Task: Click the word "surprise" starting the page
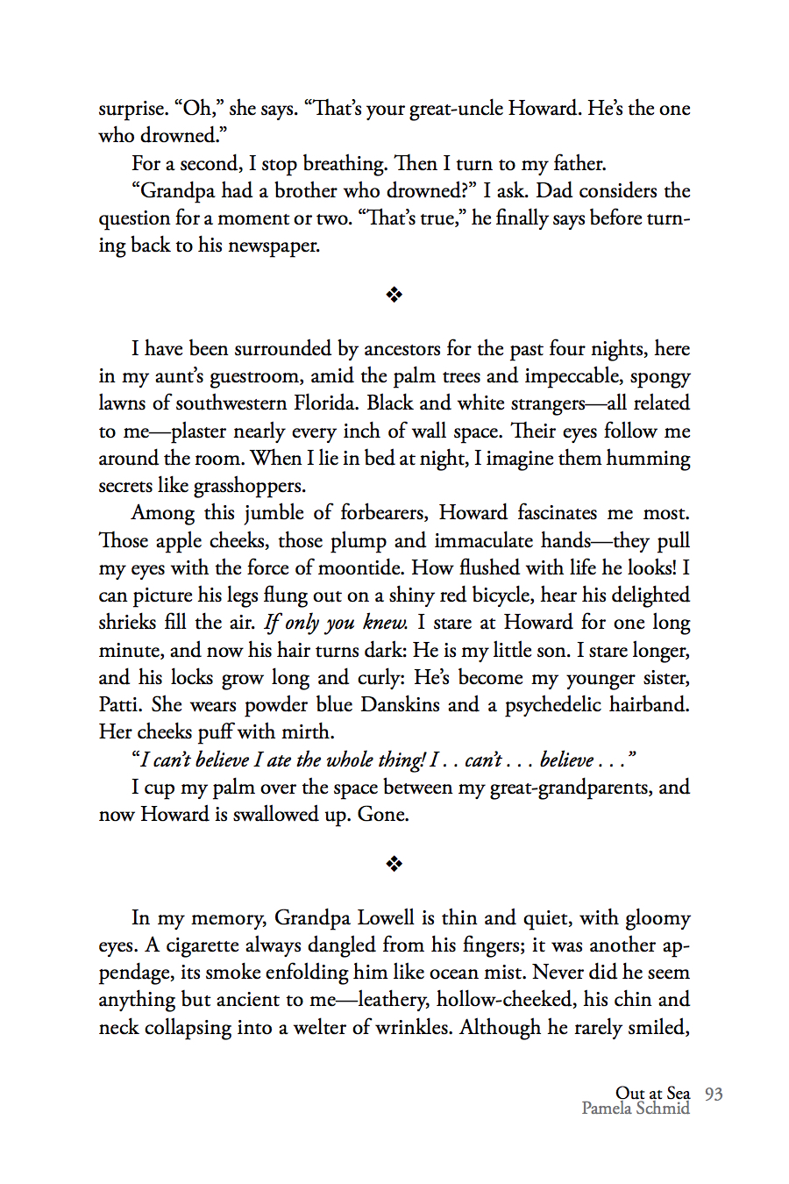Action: pyautogui.click(x=132, y=109)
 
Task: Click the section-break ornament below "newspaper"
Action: pyautogui.click(x=394, y=295)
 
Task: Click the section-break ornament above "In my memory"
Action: pyautogui.click(x=394, y=865)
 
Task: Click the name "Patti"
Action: pyautogui.click(x=121, y=705)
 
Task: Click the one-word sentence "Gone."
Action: pyautogui.click(x=383, y=815)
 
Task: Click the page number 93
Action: pyautogui.click(x=714, y=1094)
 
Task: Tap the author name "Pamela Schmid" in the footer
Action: pyautogui.click(x=636, y=1109)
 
